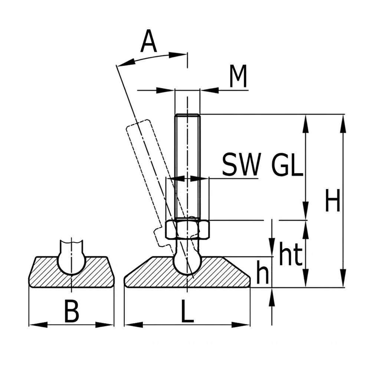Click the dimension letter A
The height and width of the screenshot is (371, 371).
[149, 41]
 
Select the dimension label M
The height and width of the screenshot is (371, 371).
[238, 76]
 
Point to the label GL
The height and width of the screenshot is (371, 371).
[287, 164]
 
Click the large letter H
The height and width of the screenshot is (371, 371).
[333, 200]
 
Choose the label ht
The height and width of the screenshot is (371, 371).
[291, 253]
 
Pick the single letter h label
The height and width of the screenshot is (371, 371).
[263, 272]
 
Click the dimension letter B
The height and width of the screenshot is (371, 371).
[72, 311]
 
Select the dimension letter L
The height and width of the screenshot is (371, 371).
[187, 311]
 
